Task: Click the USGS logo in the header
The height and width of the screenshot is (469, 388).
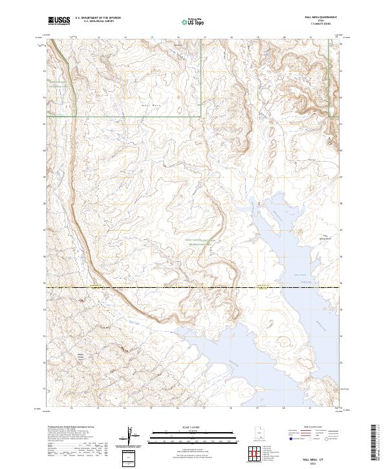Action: [x=59, y=21]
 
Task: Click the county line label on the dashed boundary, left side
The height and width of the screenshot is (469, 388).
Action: [x=97, y=285]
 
